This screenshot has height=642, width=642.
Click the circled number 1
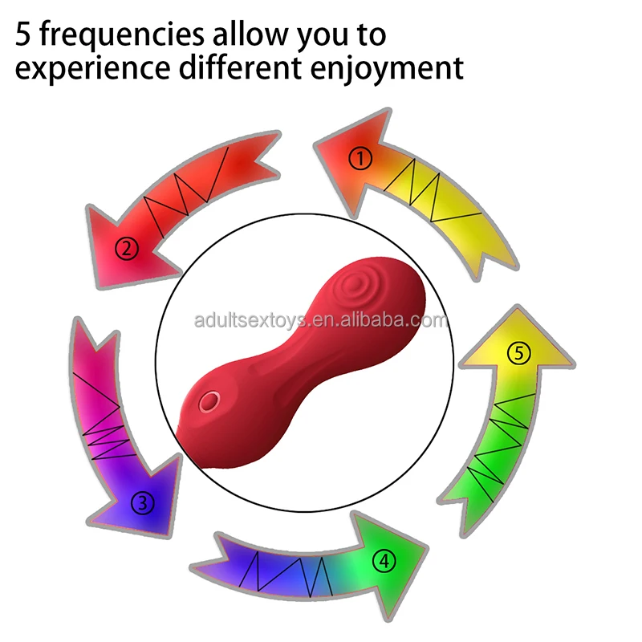point(361,159)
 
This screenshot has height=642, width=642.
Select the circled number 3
point(143,504)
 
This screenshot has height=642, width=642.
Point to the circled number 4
point(386,562)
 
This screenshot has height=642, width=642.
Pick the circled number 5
point(519,352)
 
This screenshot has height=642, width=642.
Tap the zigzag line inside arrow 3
point(100,417)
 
